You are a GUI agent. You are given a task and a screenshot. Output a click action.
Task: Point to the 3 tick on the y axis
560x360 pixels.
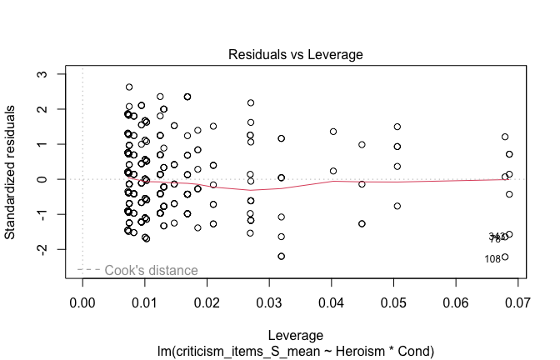click(x=52, y=74)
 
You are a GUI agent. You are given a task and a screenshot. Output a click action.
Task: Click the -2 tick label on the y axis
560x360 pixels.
click(x=51, y=249)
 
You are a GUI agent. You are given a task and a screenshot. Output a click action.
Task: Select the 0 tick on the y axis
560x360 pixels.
click(x=52, y=179)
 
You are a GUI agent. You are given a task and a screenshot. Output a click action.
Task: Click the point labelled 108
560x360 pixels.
click(x=505, y=257)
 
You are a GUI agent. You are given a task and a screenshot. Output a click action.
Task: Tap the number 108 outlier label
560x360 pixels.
click(x=492, y=259)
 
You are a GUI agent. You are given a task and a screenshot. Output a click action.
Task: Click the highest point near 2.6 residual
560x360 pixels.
click(x=129, y=87)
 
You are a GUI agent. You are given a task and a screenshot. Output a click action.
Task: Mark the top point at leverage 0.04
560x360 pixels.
click(x=333, y=132)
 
